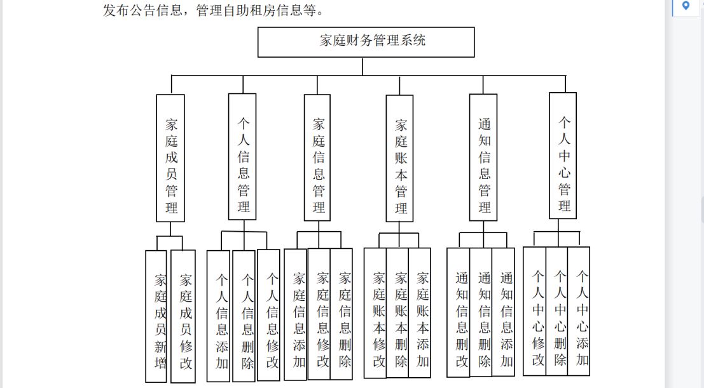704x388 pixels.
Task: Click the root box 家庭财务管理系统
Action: tap(366, 42)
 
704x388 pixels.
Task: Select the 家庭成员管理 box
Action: tap(170, 158)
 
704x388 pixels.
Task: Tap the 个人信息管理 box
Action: tap(242, 157)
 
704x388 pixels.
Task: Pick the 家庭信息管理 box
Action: tap(317, 157)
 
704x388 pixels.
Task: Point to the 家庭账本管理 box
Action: tap(399, 158)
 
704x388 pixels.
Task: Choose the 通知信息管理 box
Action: tap(483, 157)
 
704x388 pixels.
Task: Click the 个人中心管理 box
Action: tap(563, 156)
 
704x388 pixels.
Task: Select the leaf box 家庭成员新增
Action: tap(156, 316)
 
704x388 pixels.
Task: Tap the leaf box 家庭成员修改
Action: tap(183, 316)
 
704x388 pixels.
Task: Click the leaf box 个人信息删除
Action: tap(244, 316)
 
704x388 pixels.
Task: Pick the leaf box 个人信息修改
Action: tap(268, 316)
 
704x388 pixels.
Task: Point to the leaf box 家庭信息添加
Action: tap(296, 314)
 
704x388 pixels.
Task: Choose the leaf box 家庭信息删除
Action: tap(342, 314)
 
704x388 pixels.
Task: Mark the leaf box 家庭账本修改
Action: tap(375, 313)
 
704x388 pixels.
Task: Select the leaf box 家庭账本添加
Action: tap(419, 313)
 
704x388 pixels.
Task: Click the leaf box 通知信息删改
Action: tap(459, 312)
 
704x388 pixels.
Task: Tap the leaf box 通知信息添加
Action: tap(503, 312)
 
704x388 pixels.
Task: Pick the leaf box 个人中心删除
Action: tap(556, 311)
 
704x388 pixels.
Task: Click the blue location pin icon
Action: tap(686, 5)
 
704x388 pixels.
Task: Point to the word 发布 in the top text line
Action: tap(116, 10)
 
